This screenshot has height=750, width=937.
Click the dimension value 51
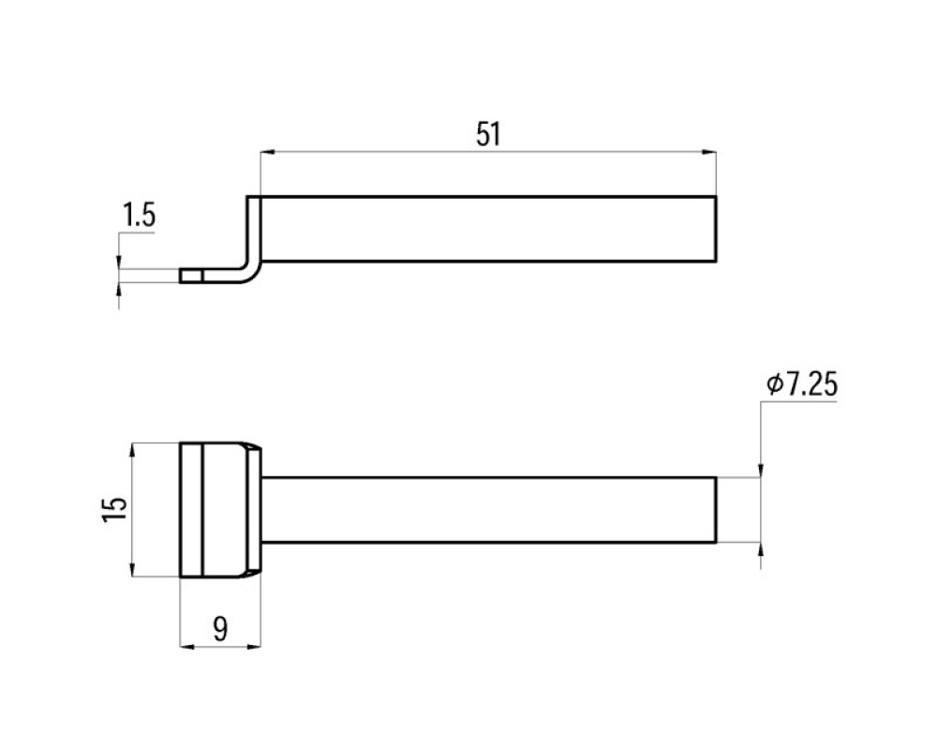click(488, 134)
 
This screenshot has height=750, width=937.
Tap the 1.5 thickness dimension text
click(139, 216)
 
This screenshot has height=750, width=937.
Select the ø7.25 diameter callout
click(802, 384)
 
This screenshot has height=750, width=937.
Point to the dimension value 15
click(114, 510)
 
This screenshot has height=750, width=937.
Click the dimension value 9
click(220, 629)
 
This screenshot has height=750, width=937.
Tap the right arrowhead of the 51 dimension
click(708, 153)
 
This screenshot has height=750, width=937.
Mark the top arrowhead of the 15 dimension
click(131, 450)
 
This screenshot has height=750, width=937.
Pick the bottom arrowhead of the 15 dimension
click(131, 569)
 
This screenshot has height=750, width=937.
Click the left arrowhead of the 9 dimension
click(187, 646)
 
